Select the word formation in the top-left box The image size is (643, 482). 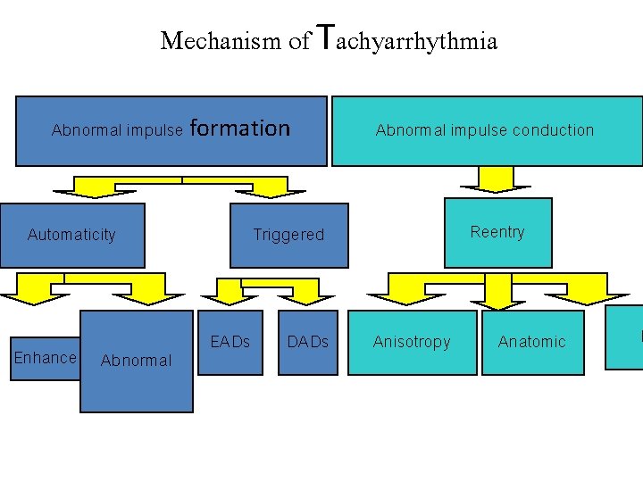click(x=240, y=129)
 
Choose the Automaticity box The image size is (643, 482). click(x=71, y=235)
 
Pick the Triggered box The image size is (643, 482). click(x=288, y=235)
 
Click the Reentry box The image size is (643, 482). click(x=497, y=233)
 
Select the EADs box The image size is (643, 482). click(x=230, y=342)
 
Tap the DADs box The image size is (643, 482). click(x=308, y=342)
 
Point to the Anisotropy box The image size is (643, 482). click(x=412, y=342)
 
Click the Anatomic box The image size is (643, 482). click(x=532, y=342)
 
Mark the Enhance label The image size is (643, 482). click(x=46, y=358)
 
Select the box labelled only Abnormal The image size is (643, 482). click(x=137, y=361)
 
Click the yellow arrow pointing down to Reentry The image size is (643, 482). click(x=490, y=179)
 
